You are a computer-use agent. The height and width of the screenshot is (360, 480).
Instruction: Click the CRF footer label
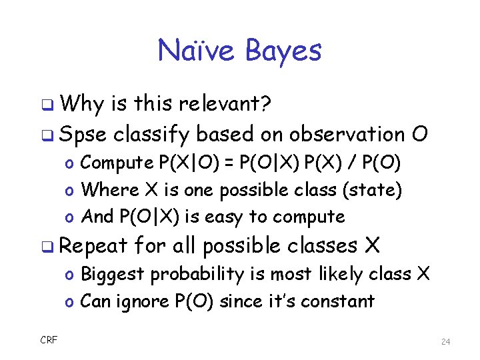point(49,341)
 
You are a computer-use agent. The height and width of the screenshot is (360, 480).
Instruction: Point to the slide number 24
point(446,341)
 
